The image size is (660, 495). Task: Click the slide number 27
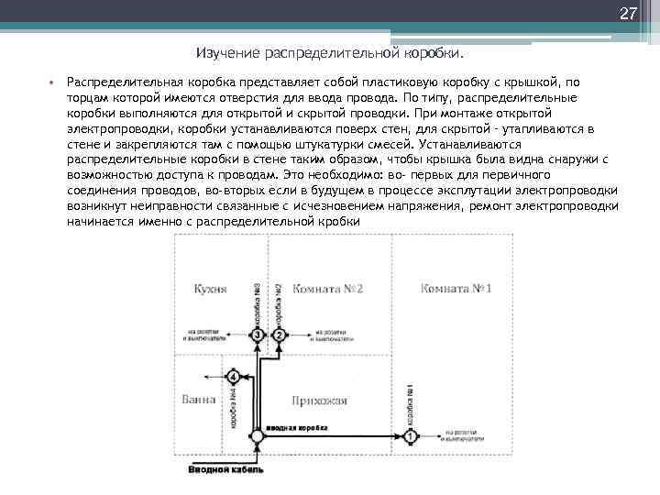pyautogui.click(x=628, y=14)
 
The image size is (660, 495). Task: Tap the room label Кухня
pyautogui.click(x=211, y=289)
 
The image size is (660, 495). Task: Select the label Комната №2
pyautogui.click(x=328, y=289)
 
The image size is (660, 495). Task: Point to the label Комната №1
pyautogui.click(x=456, y=289)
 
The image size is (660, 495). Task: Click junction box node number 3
pyautogui.click(x=258, y=335)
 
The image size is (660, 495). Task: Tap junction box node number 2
pyautogui.click(x=280, y=335)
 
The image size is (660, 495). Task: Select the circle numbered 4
pyautogui.click(x=234, y=377)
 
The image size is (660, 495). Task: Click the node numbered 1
pyautogui.click(x=411, y=436)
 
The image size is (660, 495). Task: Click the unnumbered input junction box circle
pyautogui.click(x=258, y=437)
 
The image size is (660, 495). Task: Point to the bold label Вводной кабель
pyautogui.click(x=226, y=470)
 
